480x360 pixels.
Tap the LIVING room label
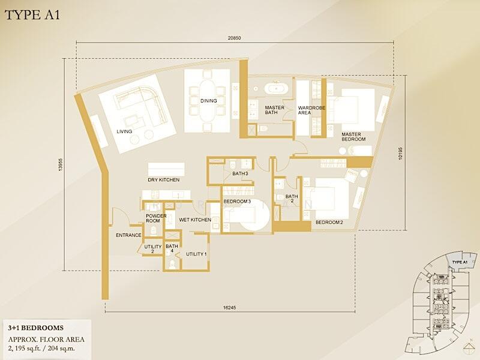[124, 131]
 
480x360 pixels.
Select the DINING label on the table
[209, 101]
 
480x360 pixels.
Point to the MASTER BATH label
[275, 111]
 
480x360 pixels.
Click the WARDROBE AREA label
[308, 111]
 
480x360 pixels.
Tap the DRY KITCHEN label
[164, 180]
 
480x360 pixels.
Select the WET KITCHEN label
[195, 220]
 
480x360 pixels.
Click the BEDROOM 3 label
[237, 202]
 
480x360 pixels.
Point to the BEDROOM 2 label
[329, 223]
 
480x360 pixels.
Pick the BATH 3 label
[240, 174]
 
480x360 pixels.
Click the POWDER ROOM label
[156, 218]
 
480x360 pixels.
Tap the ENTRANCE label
[128, 235]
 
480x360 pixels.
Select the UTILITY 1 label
[196, 254]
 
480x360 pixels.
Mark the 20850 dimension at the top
[235, 38]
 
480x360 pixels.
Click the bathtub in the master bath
[276, 89]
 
